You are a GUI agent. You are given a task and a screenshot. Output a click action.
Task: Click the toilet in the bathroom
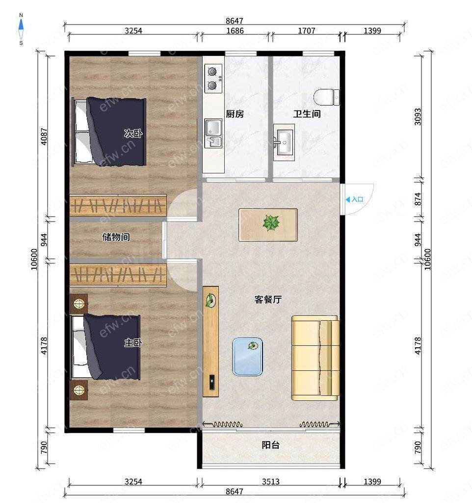(x=326, y=97)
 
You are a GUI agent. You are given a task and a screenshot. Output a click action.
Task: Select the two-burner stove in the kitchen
(x=213, y=79)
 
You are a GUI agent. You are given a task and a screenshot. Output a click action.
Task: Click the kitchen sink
(x=213, y=133)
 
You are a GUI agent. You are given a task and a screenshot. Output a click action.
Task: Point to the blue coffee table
(x=247, y=357)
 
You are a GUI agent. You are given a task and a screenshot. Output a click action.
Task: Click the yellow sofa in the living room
(x=315, y=358)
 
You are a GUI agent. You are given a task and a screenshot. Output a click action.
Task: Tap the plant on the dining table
(x=271, y=223)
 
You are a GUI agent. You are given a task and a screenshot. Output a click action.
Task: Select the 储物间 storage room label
(x=116, y=237)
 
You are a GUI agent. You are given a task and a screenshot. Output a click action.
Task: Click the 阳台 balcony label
(x=271, y=445)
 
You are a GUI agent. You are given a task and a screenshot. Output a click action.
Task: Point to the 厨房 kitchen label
(x=235, y=114)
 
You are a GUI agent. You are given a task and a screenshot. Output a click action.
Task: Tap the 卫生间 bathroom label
(x=307, y=114)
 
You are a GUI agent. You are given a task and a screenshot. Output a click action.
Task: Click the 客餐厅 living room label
(x=268, y=299)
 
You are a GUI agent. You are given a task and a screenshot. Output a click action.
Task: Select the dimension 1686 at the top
(x=235, y=31)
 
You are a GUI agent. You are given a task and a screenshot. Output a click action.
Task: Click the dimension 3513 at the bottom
(x=271, y=481)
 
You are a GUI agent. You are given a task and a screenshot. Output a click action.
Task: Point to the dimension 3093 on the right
(x=418, y=117)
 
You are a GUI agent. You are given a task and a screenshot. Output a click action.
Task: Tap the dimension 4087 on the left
(x=44, y=137)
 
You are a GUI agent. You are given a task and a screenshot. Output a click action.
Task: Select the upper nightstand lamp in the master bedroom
(x=79, y=303)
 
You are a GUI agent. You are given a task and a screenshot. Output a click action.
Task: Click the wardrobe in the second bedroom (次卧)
(x=118, y=205)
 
